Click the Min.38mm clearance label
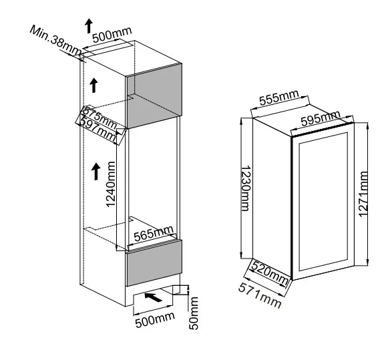pos(55,41)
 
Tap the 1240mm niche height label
pos(111,184)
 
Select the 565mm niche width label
pos(154,233)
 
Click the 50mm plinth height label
pos(193,313)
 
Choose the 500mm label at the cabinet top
pos(112,34)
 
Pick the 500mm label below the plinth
pos(155,319)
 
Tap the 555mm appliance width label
pos(279,98)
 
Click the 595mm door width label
pos(321,118)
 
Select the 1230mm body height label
pos(245,188)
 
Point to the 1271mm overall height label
pos(363,194)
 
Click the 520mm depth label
pos(270,273)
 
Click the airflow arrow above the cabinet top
pos(89,25)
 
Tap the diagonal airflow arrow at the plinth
pos(153,297)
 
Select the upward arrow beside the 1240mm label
pos(95,172)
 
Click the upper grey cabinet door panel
pos(154,96)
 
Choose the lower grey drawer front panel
pos(154,262)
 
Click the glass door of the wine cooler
pos(323,202)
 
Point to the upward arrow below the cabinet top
pos(93,85)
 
